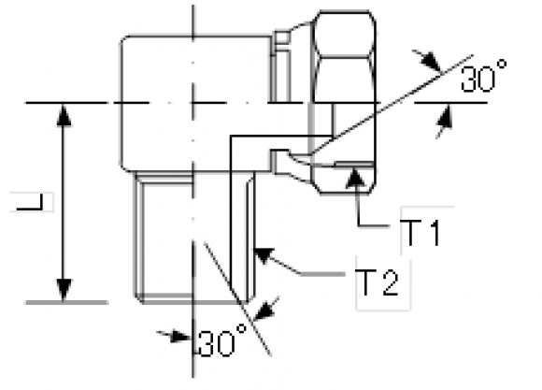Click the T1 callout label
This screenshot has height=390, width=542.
[x=422, y=233]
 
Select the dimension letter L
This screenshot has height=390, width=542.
[x=31, y=202]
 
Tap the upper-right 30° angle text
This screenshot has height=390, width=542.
[x=484, y=77]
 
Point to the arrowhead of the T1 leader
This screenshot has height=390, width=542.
[x=355, y=177]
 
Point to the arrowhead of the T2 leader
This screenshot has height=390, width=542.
[x=264, y=255]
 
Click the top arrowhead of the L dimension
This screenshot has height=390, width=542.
[x=64, y=115]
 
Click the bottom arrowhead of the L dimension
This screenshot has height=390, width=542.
[x=64, y=290]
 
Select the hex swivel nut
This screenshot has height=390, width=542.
[x=343, y=102]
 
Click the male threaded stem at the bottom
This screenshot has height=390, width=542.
[x=194, y=238]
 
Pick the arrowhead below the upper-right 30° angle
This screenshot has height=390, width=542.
[x=445, y=118]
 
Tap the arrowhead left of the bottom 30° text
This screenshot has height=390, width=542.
[x=180, y=337]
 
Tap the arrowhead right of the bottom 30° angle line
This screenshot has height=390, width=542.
[x=264, y=311]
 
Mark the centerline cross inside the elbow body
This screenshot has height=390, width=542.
[x=193, y=103]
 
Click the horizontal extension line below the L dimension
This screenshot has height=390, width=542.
[x=66, y=302]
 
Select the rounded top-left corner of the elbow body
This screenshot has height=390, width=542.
[x=125, y=40]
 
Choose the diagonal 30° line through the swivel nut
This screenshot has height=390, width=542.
[x=392, y=104]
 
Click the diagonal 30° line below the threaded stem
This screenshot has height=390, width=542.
[x=237, y=298]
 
